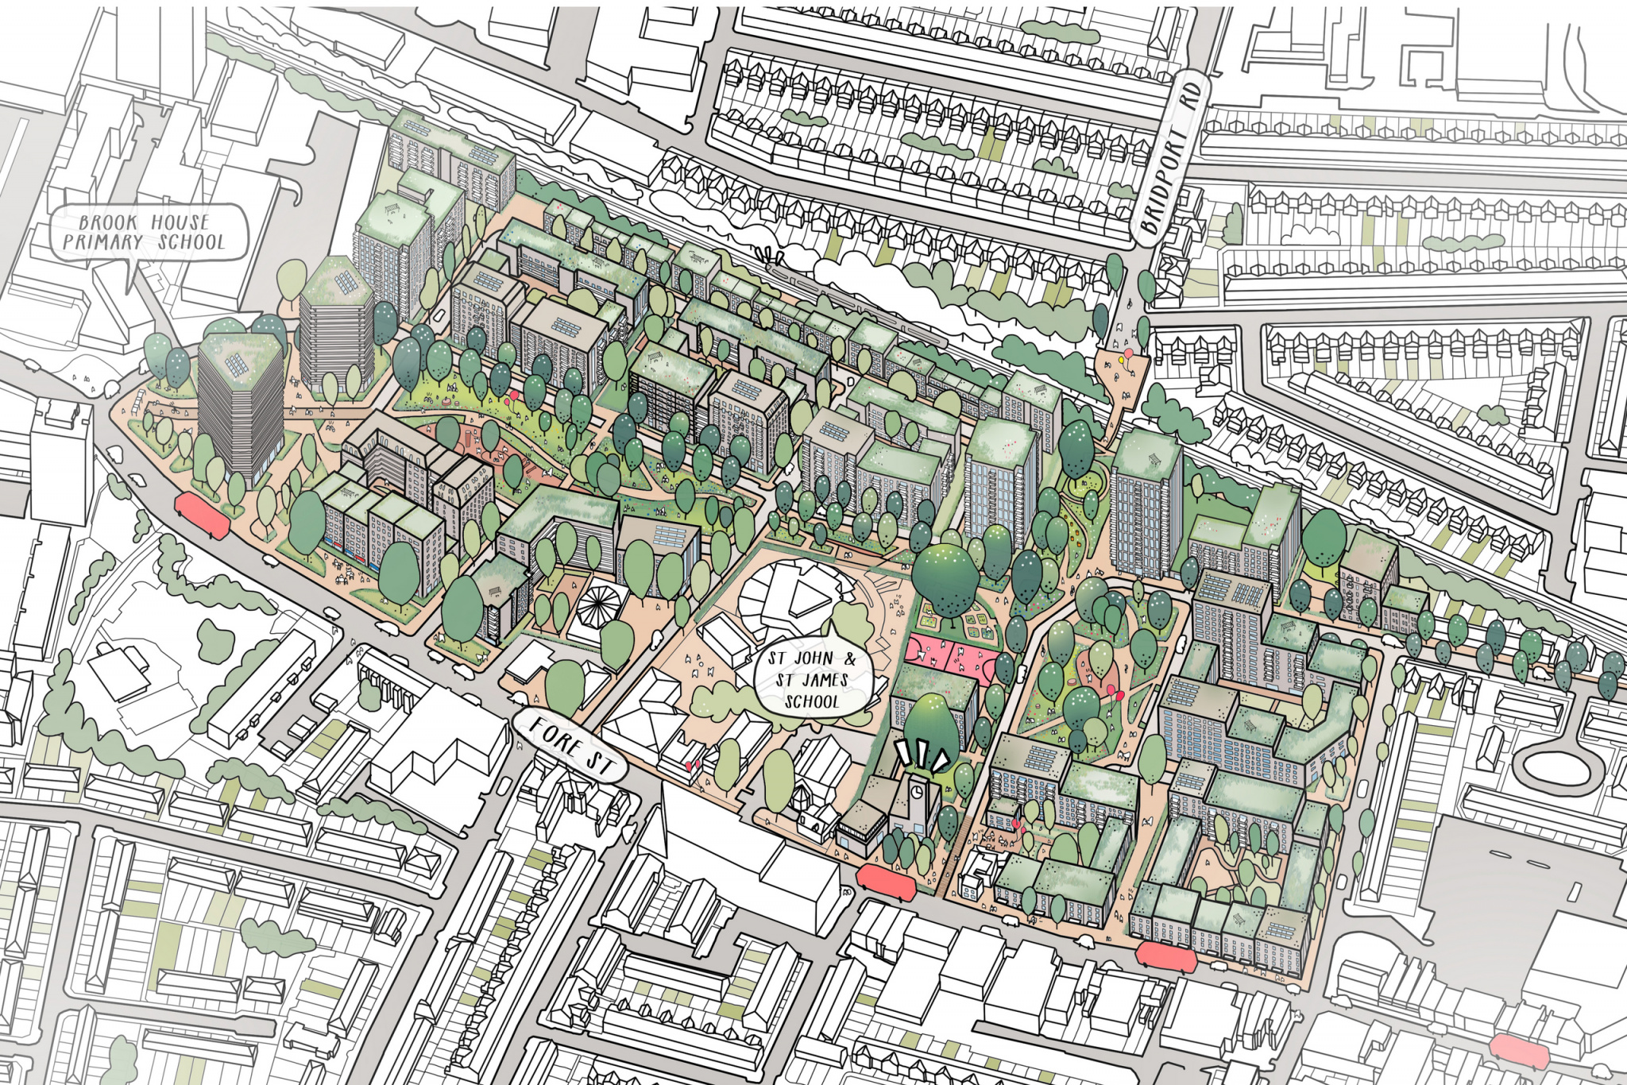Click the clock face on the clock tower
click(x=917, y=791)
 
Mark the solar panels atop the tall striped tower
click(x=237, y=366)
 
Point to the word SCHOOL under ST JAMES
click(x=810, y=702)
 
